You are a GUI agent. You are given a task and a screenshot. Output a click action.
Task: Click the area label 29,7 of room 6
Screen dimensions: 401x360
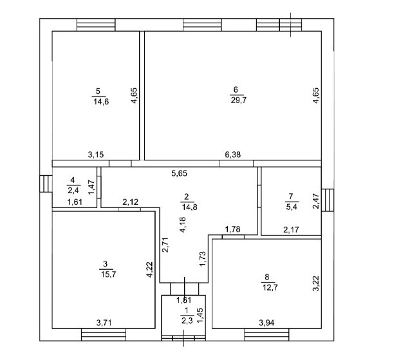point(236,99)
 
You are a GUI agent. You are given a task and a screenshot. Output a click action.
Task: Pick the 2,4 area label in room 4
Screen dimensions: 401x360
point(74,190)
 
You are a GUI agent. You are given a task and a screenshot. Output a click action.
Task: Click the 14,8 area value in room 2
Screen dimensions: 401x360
point(186,207)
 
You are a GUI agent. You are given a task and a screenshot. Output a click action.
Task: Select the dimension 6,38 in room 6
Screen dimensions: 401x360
point(233,155)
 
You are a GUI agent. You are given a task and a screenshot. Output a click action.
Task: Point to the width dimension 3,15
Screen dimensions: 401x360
point(97,155)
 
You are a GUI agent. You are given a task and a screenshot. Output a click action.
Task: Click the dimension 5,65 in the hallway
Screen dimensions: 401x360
point(180,173)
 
